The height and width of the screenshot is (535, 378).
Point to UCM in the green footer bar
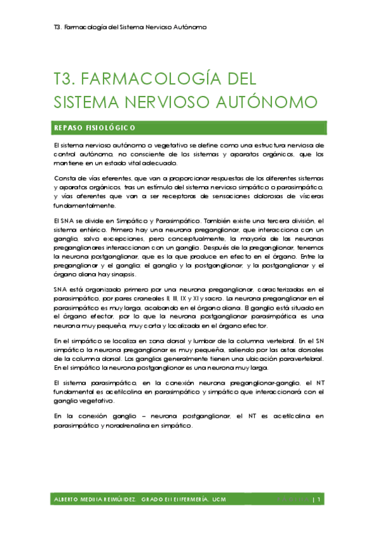coord(219,500)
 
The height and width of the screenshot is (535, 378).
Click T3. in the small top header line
coord(57,28)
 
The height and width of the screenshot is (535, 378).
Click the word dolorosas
coord(253,196)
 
